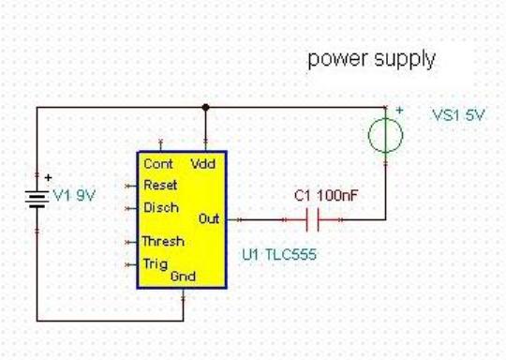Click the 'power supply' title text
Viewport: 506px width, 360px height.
click(372, 59)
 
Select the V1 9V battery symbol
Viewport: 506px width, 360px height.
click(37, 199)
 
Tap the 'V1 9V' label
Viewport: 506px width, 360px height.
click(74, 195)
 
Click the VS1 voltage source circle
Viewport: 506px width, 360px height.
click(386, 135)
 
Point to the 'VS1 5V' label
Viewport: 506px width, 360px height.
click(458, 115)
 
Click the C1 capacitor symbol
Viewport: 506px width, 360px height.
click(312, 220)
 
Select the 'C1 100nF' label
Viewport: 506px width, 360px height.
click(326, 195)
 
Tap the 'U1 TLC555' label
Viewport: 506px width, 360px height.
click(279, 254)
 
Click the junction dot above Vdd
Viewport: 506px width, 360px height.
click(205, 107)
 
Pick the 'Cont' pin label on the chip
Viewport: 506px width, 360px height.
click(158, 164)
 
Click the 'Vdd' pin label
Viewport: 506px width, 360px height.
click(203, 164)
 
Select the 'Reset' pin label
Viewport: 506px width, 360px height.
click(160, 185)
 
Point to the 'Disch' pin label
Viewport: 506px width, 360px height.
click(161, 207)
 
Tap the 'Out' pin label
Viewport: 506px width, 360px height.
click(209, 218)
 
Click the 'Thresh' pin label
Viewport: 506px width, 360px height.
click(163, 241)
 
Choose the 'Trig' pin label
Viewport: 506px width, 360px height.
click(156, 264)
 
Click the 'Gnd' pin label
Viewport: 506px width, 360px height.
click(183, 277)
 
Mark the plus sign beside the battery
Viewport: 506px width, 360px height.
click(48, 177)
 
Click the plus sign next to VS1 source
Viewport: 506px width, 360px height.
click(399, 110)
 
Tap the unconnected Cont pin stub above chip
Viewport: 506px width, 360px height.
click(161, 145)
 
